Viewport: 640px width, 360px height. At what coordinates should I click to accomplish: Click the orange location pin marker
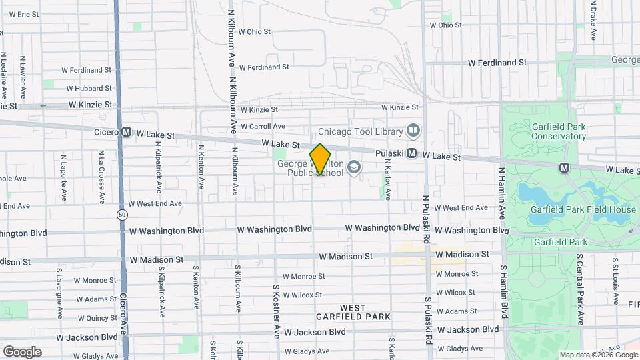pos(320,159)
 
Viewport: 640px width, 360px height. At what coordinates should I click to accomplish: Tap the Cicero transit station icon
pos(126,132)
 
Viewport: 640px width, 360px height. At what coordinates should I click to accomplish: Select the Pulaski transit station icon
pos(412,153)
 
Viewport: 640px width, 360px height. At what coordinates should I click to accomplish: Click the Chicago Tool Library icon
pos(413,131)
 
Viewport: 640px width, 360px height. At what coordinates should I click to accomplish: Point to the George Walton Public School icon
pos(354,167)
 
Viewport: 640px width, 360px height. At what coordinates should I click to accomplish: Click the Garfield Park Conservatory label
pos(559,131)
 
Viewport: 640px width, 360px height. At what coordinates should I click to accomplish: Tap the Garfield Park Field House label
pos(583,209)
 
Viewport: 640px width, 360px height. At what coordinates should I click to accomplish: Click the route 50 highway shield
pos(121,214)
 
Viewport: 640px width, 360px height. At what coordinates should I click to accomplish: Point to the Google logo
pos(22,351)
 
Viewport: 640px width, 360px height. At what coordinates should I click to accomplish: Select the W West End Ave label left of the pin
pos(155,204)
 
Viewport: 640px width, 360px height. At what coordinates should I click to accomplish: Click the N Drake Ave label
pos(593,20)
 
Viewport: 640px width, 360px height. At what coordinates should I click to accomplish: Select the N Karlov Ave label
pos(387,179)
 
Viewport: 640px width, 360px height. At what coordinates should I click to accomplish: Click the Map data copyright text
pos(595,355)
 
